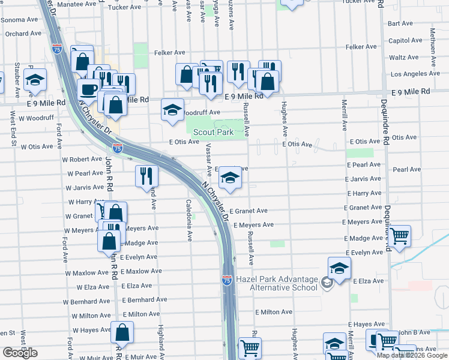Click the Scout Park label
(x=212, y=132)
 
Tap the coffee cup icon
(x=89, y=90)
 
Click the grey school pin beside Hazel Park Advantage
(x=327, y=282)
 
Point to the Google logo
(x=20, y=353)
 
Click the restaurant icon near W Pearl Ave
(x=146, y=176)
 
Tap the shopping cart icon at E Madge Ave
(x=399, y=236)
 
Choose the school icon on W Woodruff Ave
(x=172, y=110)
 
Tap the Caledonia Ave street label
(x=188, y=221)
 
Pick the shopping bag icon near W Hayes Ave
(x=122, y=332)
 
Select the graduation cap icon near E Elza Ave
(x=339, y=268)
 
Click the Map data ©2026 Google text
(x=412, y=355)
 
